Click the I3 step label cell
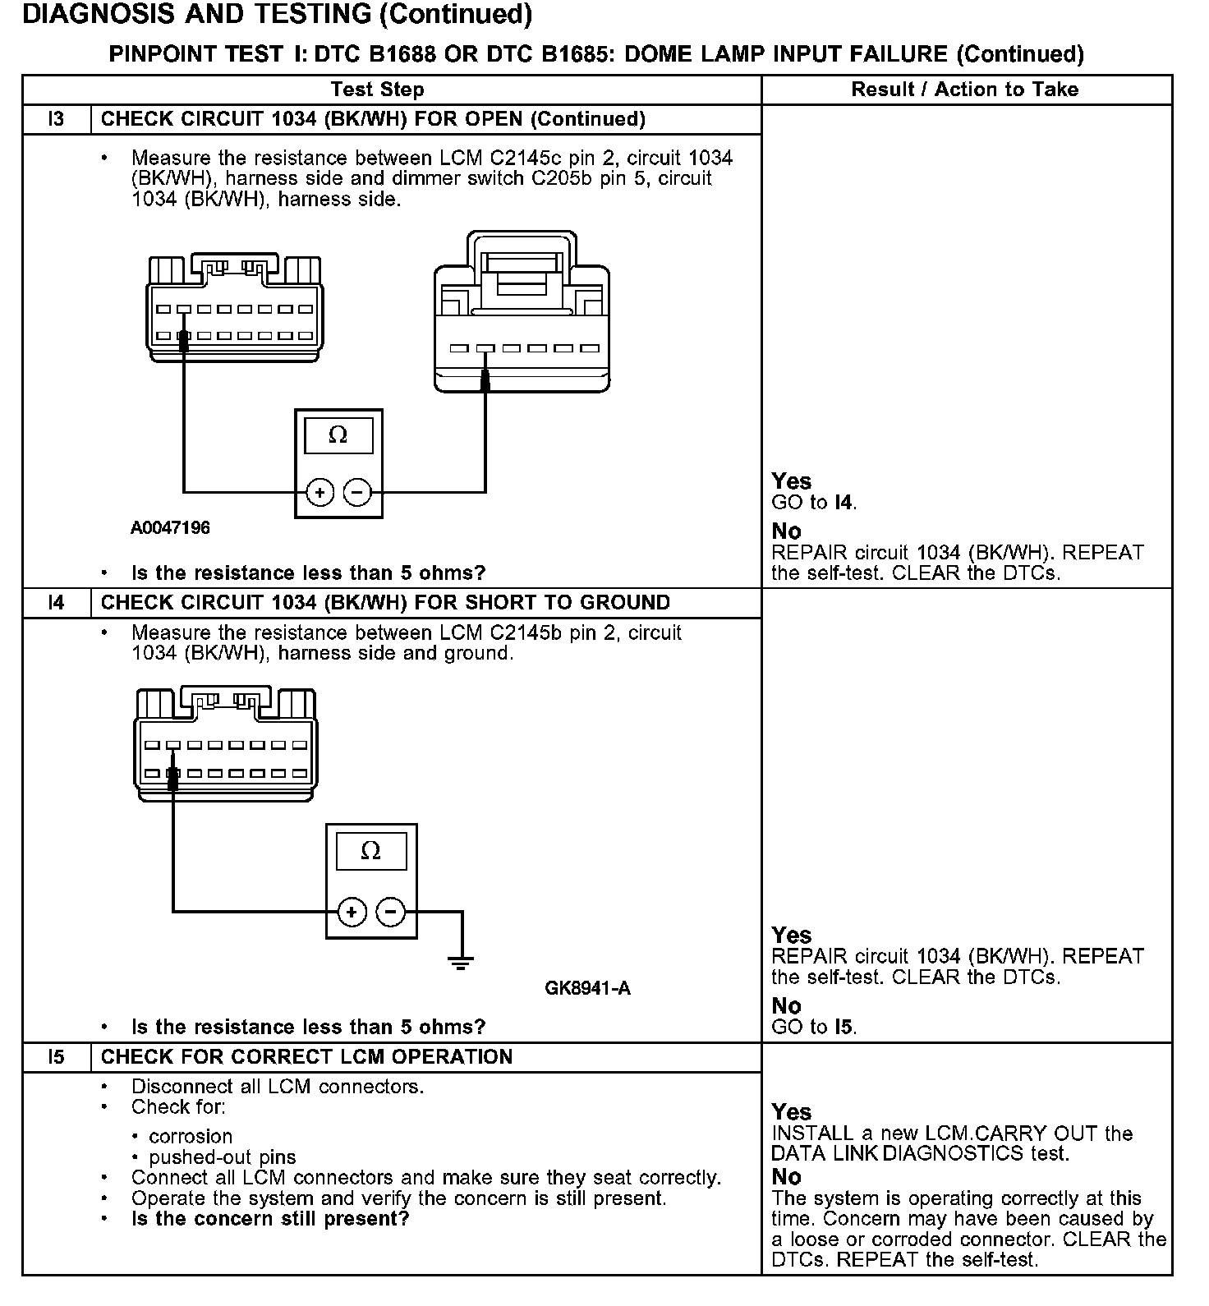[x=56, y=119]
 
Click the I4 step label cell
[x=56, y=603]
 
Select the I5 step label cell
[x=56, y=1057]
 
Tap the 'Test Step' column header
[x=377, y=90]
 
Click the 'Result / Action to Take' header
[x=965, y=90]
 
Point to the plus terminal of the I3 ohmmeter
[x=319, y=493]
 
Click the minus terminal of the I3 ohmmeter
[x=357, y=493]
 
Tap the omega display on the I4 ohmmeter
[x=371, y=851]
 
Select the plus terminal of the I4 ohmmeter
[x=352, y=912]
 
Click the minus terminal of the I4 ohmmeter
[x=390, y=912]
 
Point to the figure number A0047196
[x=170, y=528]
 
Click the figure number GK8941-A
[x=587, y=988]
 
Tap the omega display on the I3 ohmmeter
[x=338, y=435]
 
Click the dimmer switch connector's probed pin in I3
[x=485, y=349]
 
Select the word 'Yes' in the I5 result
[x=791, y=1112]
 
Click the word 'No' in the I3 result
[x=786, y=531]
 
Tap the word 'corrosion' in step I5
[x=191, y=1137]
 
